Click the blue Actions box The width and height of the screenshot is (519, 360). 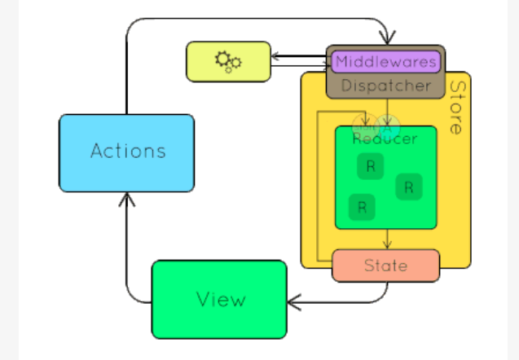click(x=126, y=152)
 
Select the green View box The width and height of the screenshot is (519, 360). click(x=219, y=299)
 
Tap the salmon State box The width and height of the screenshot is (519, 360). click(x=385, y=266)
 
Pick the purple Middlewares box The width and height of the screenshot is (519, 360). click(x=386, y=61)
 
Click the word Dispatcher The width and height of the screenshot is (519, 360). click(x=386, y=85)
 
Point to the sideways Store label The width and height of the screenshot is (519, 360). click(x=458, y=107)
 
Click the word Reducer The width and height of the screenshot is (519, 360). click(x=385, y=139)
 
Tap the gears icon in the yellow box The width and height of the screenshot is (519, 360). click(x=227, y=61)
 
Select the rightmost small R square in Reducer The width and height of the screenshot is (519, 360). click(x=409, y=187)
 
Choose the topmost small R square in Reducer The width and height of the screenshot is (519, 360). click(x=371, y=166)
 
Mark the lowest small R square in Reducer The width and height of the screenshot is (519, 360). click(x=362, y=207)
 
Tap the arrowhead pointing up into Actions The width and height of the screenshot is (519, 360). click(x=125, y=198)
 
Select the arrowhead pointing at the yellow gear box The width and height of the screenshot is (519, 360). click(x=276, y=57)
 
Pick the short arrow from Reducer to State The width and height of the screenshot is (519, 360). click(x=388, y=239)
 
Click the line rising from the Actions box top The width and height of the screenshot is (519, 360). click(x=125, y=73)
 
